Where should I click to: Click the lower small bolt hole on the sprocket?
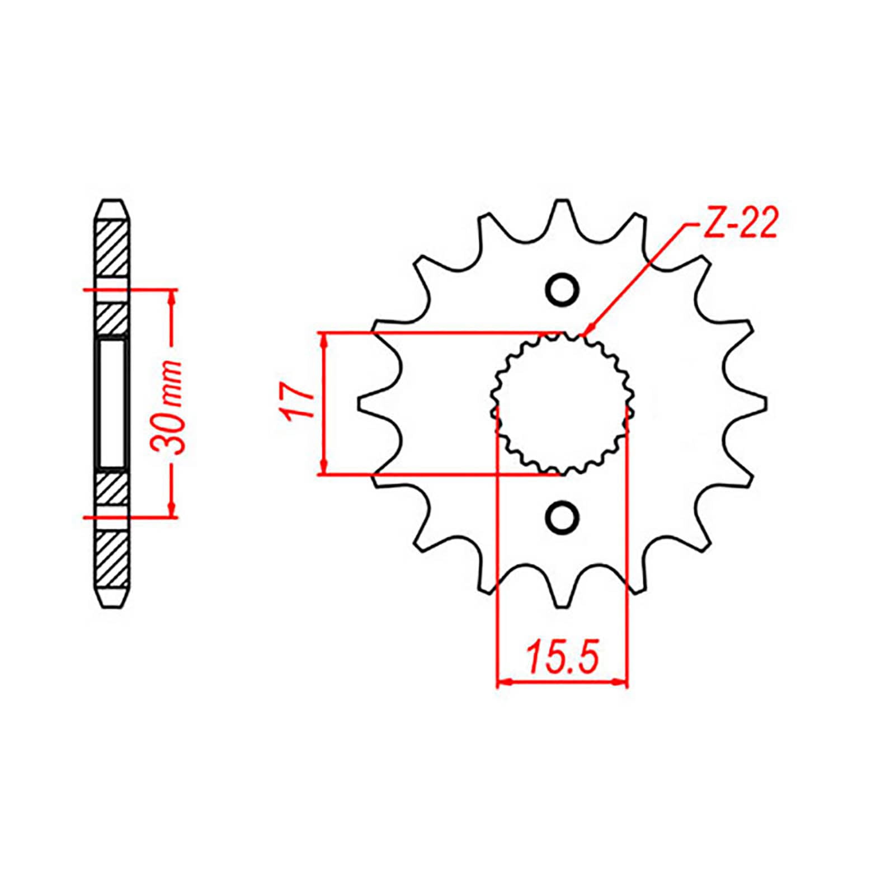pos(562,517)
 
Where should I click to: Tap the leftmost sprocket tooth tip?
pos(359,403)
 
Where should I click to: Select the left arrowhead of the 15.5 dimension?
pos(500,681)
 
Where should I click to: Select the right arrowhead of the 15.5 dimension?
pos(625,681)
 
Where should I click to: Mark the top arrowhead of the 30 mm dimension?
pos(172,293)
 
